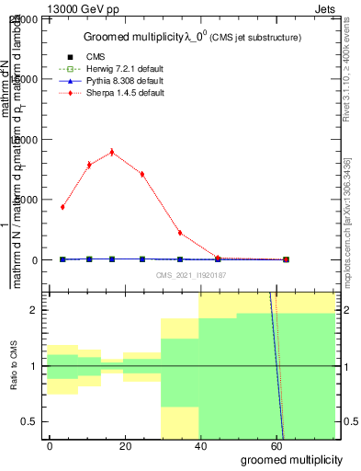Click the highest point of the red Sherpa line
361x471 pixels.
point(112,152)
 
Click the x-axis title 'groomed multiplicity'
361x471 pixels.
point(291,459)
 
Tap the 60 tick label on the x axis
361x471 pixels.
point(276,445)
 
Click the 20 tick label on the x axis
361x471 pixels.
point(126,445)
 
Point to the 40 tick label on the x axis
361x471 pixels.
point(201,445)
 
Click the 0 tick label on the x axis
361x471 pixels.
point(51,445)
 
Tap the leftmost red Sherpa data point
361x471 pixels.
point(62,207)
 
